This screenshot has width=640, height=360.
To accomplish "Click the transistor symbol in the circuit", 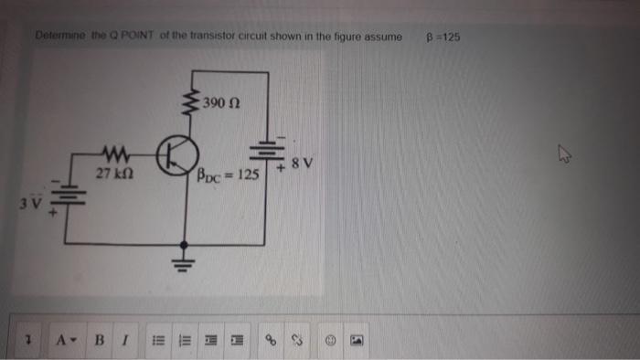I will (x=175, y=156).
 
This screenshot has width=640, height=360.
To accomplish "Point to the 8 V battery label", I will (x=303, y=164).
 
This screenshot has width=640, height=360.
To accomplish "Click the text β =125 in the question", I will (x=443, y=37).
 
